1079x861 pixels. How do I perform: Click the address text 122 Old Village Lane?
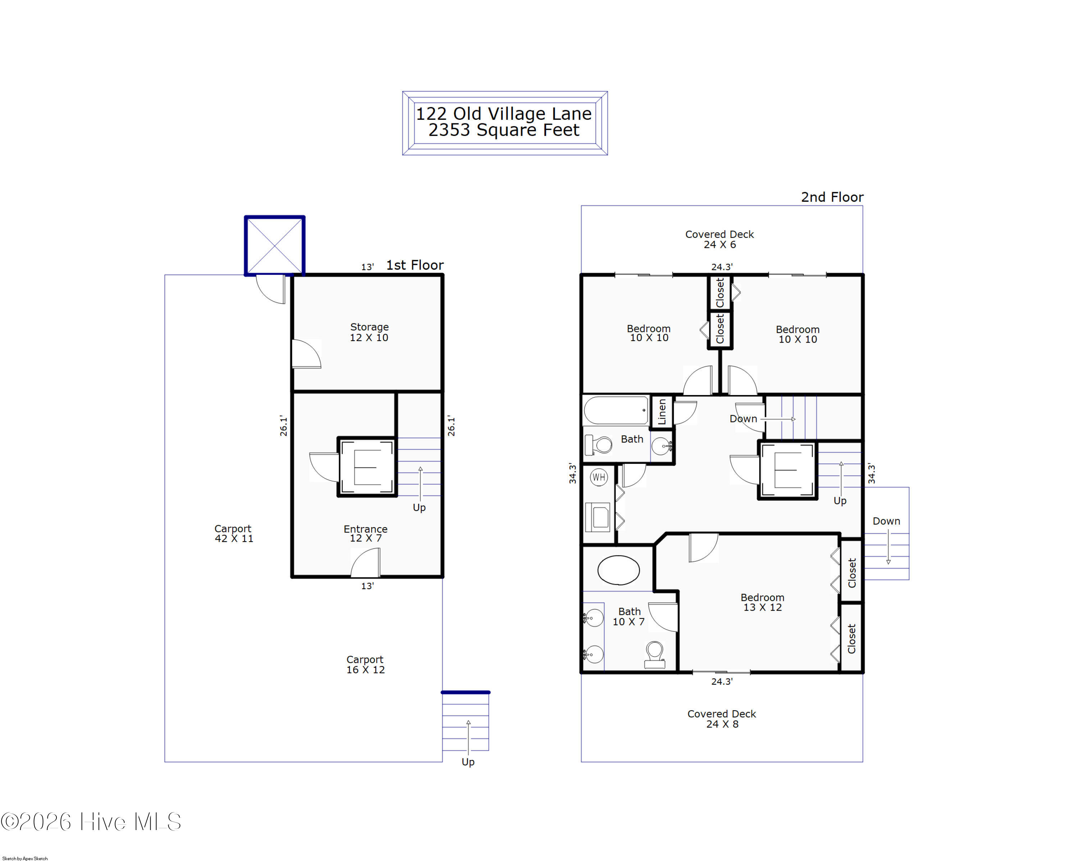point(504,114)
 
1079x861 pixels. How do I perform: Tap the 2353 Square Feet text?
point(504,130)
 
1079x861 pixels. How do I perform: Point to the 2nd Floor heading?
point(832,197)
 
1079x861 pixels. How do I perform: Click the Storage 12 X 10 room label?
point(369,332)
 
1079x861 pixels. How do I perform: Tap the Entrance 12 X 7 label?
point(365,534)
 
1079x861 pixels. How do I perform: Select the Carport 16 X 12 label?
point(365,664)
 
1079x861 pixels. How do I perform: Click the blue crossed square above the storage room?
point(275,245)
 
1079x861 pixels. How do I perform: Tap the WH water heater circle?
point(598,477)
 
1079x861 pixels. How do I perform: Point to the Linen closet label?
point(662,412)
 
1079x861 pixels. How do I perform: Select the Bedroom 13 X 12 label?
point(762,602)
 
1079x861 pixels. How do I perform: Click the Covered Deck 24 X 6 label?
point(719,239)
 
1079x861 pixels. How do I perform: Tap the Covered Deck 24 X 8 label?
point(721,719)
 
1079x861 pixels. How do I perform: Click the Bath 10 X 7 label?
point(629,616)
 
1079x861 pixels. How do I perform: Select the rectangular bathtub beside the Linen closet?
point(616,411)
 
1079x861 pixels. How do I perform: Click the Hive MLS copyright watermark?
point(91,822)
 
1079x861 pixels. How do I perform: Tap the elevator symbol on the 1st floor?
point(367,467)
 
